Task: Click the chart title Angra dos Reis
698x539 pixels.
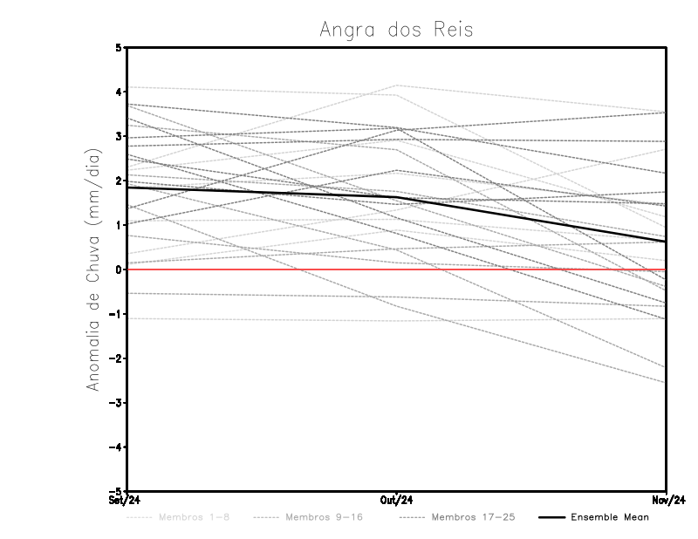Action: click(x=396, y=30)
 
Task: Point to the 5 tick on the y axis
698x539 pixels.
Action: click(x=119, y=47)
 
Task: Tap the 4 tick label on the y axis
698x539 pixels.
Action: click(x=119, y=92)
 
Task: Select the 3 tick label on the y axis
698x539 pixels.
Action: click(x=119, y=136)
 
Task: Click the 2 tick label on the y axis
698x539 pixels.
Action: click(x=119, y=181)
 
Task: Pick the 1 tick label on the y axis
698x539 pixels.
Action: click(x=119, y=225)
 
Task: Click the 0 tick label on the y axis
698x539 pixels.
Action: click(x=119, y=269)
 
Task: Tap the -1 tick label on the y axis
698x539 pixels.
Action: click(x=116, y=314)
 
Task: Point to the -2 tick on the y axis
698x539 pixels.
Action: click(x=116, y=358)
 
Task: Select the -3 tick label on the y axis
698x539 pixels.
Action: click(x=116, y=403)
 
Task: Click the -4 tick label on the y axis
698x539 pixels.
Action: click(x=116, y=447)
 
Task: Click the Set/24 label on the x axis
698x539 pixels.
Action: click(x=124, y=501)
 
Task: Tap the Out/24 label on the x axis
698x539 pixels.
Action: click(x=397, y=501)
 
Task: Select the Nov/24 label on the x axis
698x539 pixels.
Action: click(x=667, y=501)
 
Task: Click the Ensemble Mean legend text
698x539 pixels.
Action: click(x=610, y=517)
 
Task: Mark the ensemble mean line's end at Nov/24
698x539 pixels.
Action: click(x=667, y=242)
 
